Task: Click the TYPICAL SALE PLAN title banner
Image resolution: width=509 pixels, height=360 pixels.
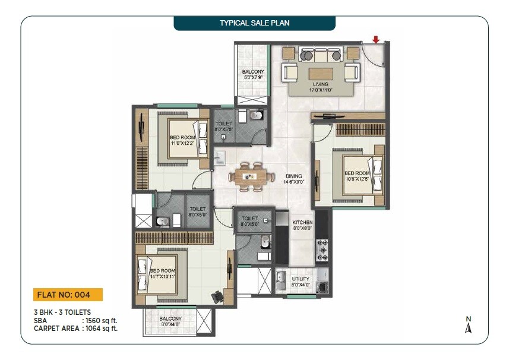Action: click(x=254, y=23)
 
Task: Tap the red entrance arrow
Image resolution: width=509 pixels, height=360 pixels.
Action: click(x=375, y=40)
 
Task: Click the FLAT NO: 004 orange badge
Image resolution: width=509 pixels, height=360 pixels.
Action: click(x=68, y=295)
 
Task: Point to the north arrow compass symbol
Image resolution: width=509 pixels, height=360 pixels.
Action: click(x=468, y=326)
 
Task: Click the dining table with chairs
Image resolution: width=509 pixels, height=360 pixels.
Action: click(x=252, y=175)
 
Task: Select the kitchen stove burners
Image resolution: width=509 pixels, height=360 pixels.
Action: click(x=323, y=250)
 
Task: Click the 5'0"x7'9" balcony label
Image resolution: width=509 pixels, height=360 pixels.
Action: click(x=253, y=74)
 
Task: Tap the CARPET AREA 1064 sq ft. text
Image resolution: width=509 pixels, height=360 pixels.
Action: click(x=75, y=327)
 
